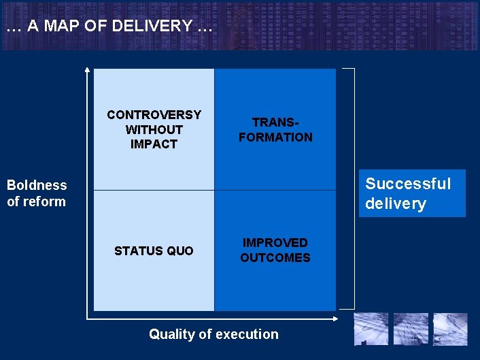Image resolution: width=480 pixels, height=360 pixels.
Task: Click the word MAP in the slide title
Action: click(60, 27)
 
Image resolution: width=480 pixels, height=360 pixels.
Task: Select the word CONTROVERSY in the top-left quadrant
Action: click(154, 114)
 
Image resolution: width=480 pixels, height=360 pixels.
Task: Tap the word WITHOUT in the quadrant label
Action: click(154, 129)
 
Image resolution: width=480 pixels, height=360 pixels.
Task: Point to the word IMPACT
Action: click(154, 144)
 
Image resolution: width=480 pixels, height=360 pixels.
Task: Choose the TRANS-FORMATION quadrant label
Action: click(275, 129)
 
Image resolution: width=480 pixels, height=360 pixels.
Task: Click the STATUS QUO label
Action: click(154, 251)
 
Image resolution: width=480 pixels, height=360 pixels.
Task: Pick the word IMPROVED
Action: click(275, 243)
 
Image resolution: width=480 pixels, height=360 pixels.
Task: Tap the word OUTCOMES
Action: click(275, 258)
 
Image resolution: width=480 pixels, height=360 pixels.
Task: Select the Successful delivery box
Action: click(412, 193)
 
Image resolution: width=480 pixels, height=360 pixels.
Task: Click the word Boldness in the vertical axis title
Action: click(37, 185)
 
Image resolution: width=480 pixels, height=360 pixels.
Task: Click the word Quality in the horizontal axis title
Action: click(171, 334)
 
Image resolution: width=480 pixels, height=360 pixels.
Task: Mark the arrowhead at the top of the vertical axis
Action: click(87, 69)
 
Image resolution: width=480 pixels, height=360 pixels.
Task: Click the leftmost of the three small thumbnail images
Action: click(371, 329)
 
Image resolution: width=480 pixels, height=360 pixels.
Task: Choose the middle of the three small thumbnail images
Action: click(411, 329)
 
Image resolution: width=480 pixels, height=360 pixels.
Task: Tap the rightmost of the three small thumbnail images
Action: click(450, 329)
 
